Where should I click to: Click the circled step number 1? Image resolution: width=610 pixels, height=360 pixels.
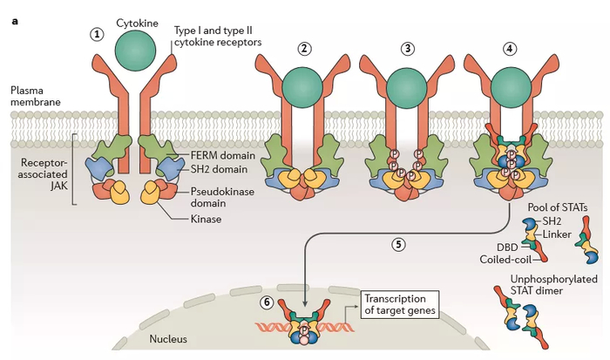click(x=98, y=34)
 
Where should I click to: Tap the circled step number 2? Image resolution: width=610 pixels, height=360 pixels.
click(x=304, y=48)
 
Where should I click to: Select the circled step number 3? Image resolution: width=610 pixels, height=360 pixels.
click(x=408, y=48)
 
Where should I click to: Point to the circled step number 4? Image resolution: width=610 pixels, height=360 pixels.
click(x=511, y=48)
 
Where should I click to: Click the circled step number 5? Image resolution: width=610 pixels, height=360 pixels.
click(x=397, y=245)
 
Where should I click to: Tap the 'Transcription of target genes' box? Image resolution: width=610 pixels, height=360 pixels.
click(x=398, y=300)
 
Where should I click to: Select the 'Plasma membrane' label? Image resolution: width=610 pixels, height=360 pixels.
click(x=36, y=97)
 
